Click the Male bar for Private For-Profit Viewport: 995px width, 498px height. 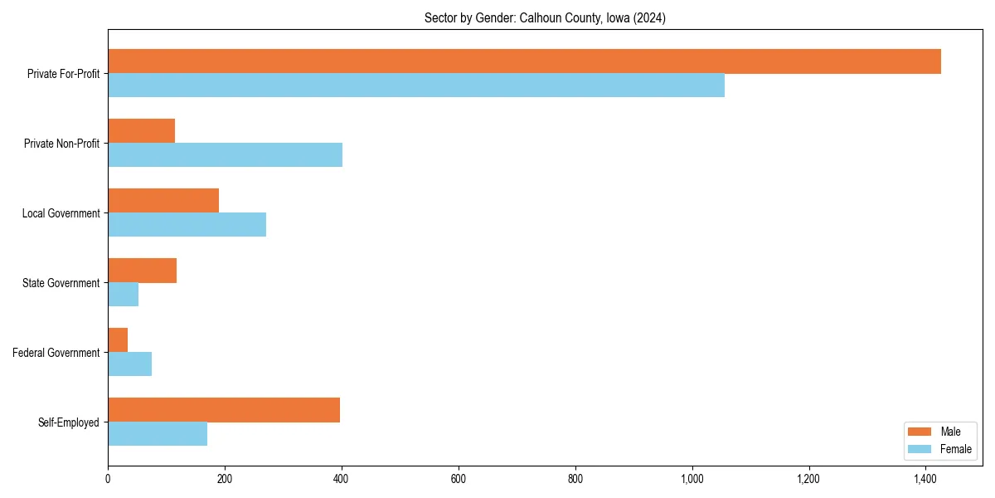point(524,61)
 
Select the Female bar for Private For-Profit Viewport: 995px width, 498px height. point(416,85)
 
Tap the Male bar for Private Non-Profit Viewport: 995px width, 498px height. point(141,131)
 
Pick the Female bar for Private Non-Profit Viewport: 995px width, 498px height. point(225,155)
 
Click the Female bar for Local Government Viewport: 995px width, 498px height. point(187,225)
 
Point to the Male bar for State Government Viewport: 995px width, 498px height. point(142,271)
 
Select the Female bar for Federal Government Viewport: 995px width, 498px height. point(129,364)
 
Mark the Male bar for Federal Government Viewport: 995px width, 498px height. point(118,340)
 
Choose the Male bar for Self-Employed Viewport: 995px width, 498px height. point(224,410)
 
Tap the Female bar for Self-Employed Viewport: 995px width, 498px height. point(158,434)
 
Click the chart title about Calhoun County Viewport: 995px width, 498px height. point(545,17)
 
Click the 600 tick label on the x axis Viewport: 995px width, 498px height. point(459,479)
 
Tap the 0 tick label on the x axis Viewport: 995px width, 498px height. point(108,479)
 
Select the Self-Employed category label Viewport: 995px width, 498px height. point(68,422)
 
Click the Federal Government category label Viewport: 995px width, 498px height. point(56,353)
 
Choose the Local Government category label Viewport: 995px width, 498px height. point(61,213)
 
